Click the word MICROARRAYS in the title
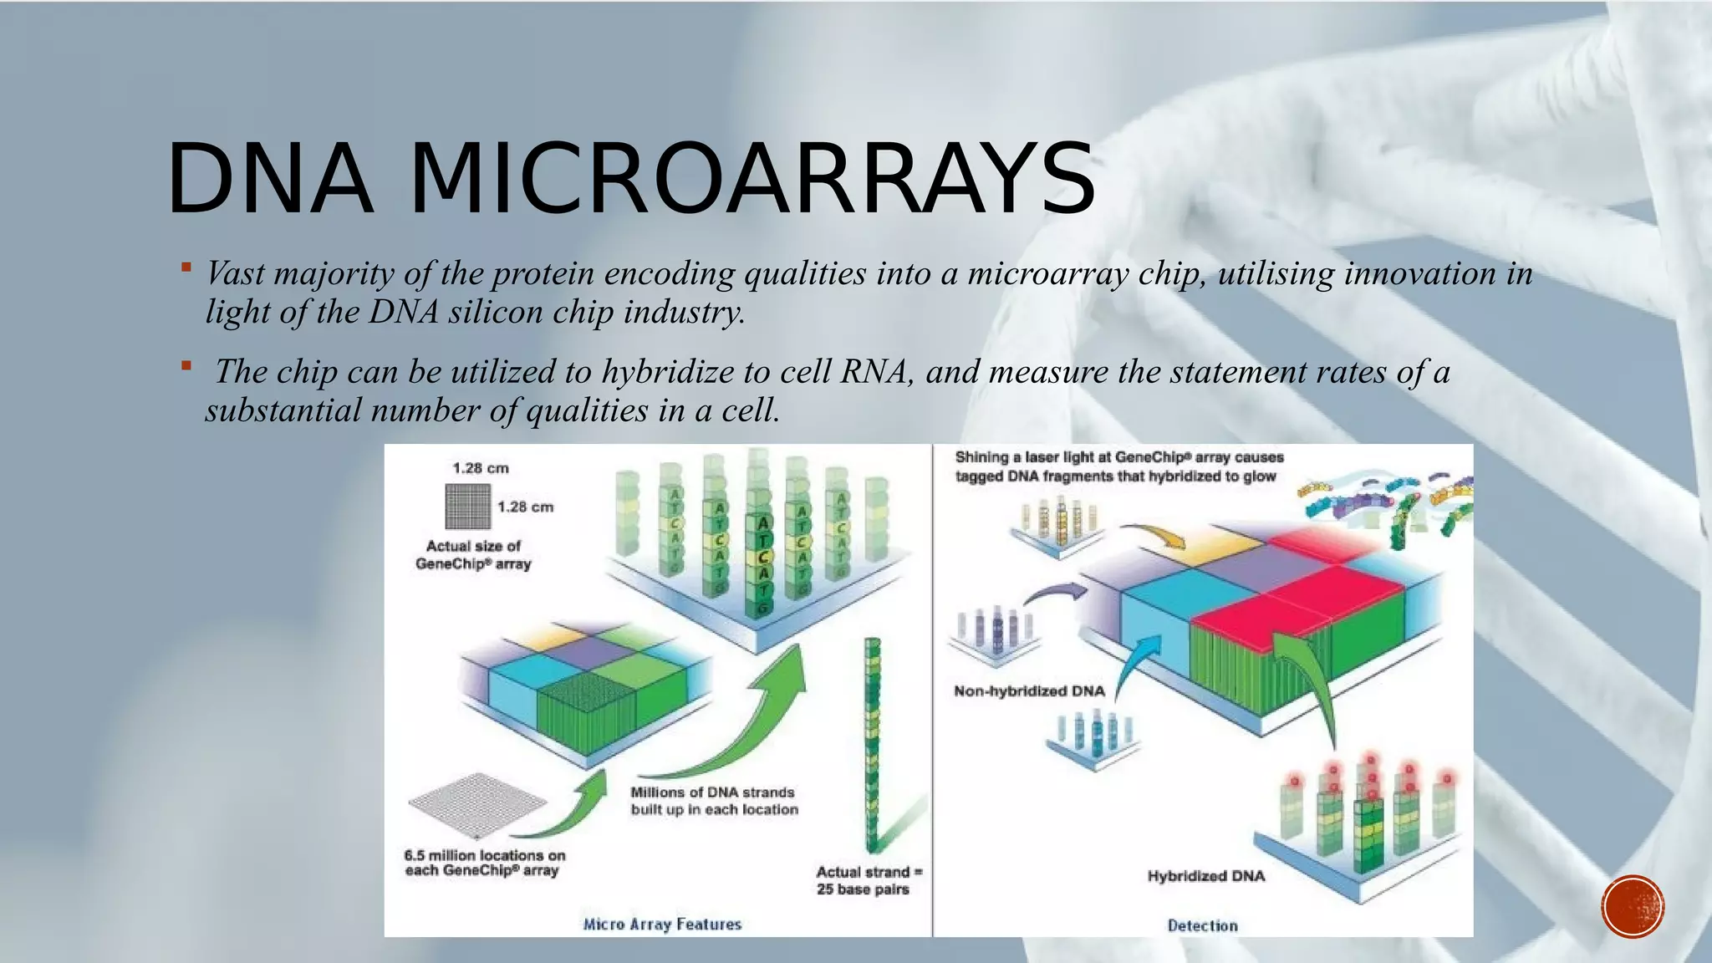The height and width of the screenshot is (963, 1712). pyautogui.click(x=752, y=179)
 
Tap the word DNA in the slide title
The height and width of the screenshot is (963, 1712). pyautogui.click(x=269, y=179)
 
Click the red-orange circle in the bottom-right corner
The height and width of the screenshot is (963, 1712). pyautogui.click(x=1633, y=907)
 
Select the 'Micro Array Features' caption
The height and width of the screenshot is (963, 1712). pyautogui.click(x=662, y=924)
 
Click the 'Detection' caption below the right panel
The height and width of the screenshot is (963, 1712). pyautogui.click(x=1202, y=925)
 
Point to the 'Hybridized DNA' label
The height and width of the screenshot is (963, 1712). pyautogui.click(x=1205, y=876)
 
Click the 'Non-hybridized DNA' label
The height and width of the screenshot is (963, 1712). pyautogui.click(x=1029, y=691)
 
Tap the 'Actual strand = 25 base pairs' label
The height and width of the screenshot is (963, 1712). pyautogui.click(x=869, y=880)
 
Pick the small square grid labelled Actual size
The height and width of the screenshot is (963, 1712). pyautogui.click(x=467, y=507)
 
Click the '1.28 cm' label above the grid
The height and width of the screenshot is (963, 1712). pyautogui.click(x=481, y=468)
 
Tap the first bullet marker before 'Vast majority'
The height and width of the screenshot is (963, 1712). pyautogui.click(x=186, y=267)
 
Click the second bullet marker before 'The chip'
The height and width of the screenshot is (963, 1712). pyautogui.click(x=186, y=366)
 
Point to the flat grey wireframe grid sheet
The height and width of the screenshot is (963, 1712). pyautogui.click(x=477, y=803)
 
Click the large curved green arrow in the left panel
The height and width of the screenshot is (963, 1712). pyautogui.click(x=736, y=719)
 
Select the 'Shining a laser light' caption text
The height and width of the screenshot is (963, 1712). pyautogui.click(x=1118, y=466)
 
